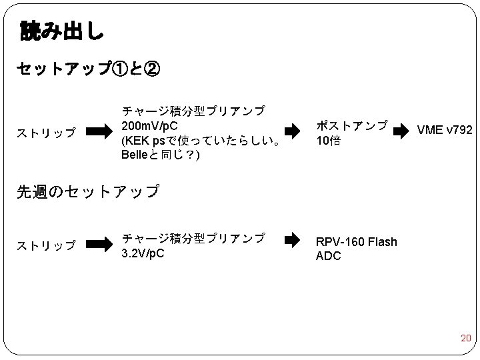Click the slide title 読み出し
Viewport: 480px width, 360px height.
pos(62,30)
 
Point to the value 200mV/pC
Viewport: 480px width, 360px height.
pos(149,126)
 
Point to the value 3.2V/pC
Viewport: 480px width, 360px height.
pos(143,254)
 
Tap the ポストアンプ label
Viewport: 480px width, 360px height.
pos(351,125)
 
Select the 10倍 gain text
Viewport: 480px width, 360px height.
pos(328,141)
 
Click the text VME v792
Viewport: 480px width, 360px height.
pos(445,130)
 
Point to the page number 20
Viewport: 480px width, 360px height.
pos(465,339)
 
